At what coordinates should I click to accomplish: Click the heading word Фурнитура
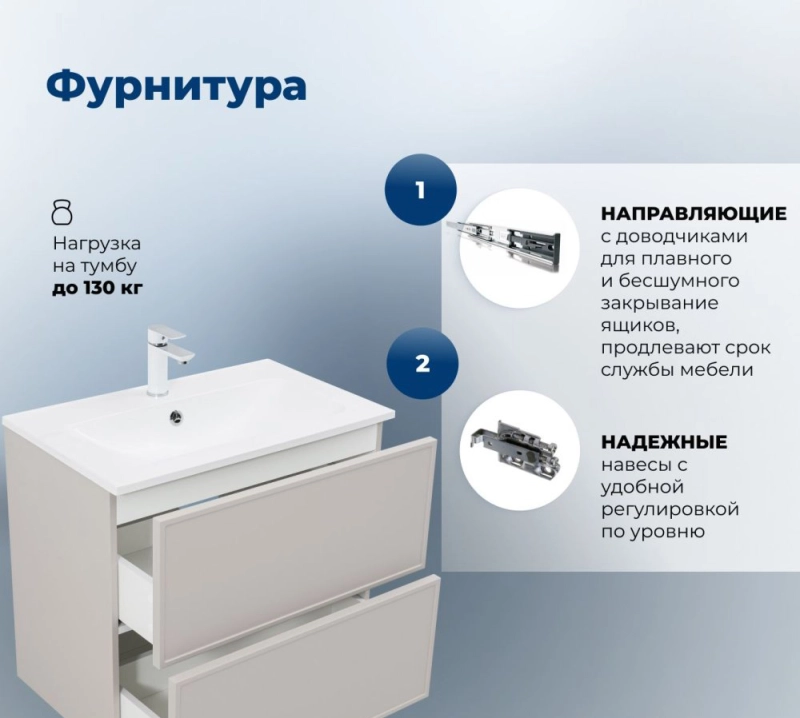point(176,88)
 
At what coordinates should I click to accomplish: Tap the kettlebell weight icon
point(62,212)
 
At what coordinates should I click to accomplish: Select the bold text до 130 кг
point(97,288)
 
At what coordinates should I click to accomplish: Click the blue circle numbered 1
point(420,190)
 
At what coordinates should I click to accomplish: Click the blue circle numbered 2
point(422,364)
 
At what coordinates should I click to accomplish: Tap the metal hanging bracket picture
point(516,444)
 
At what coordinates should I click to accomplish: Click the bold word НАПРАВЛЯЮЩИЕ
point(693,214)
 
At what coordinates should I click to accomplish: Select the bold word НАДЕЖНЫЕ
point(664,442)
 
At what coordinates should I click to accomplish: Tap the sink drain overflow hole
point(177,416)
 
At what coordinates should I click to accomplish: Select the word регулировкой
point(670,509)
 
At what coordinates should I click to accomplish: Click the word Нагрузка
point(97,244)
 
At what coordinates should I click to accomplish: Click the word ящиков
point(640,326)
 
